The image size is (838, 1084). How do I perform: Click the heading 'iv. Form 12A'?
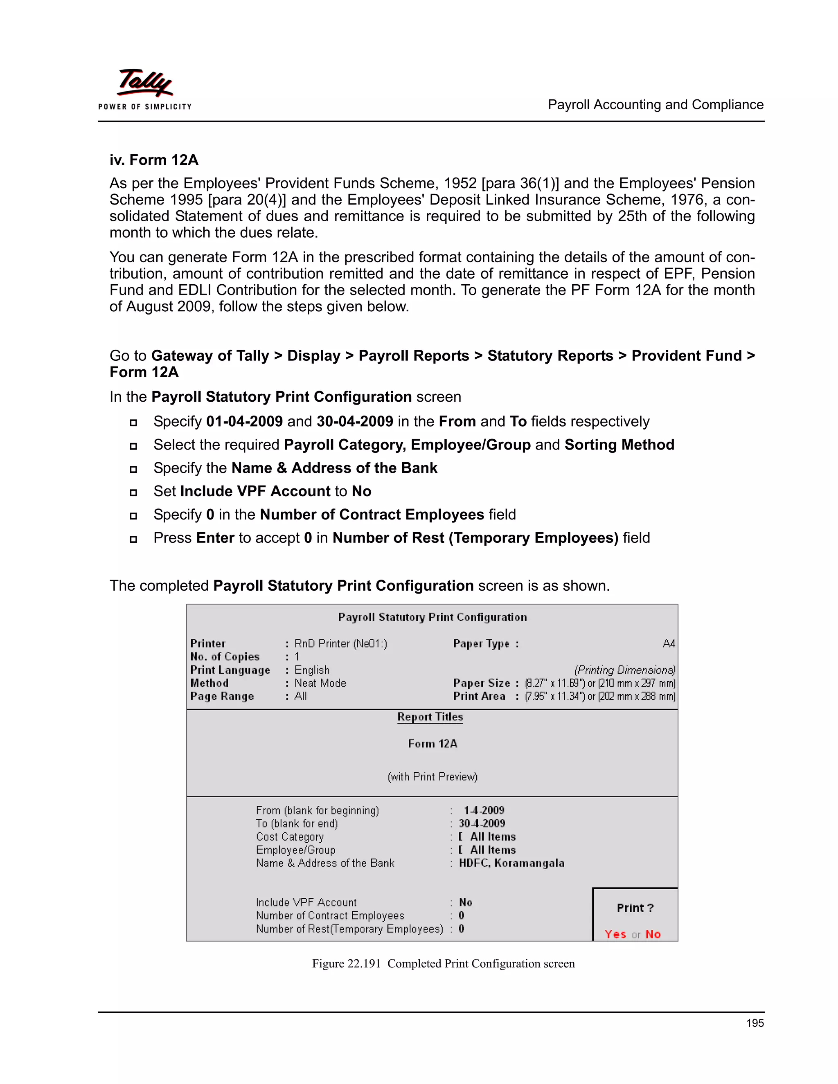coord(154,160)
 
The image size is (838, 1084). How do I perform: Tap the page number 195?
coord(755,1023)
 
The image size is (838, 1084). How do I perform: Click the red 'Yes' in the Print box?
coord(615,934)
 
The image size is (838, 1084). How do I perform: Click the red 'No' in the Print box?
coord(653,934)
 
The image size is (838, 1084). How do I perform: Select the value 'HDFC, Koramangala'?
coord(511,863)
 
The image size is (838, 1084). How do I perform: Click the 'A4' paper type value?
coord(668,644)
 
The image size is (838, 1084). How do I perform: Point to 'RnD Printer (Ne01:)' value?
coord(340,644)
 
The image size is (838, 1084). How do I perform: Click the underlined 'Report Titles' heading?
coord(430,717)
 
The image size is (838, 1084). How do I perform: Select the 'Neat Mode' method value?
coord(320,683)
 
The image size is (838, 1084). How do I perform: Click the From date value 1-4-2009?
coord(484,810)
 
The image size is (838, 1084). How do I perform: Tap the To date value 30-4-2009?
coord(482,823)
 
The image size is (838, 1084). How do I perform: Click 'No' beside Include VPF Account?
coord(465,902)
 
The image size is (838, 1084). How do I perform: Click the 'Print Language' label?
coord(230,670)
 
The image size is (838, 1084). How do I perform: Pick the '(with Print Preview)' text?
coord(433,777)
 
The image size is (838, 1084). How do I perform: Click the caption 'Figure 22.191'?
coord(346,963)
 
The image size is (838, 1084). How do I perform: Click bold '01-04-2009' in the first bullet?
coord(244,421)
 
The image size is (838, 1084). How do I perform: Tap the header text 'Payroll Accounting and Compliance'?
coord(656,105)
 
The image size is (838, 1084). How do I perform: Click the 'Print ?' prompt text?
coord(635,908)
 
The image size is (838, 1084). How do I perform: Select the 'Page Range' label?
coord(222,696)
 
